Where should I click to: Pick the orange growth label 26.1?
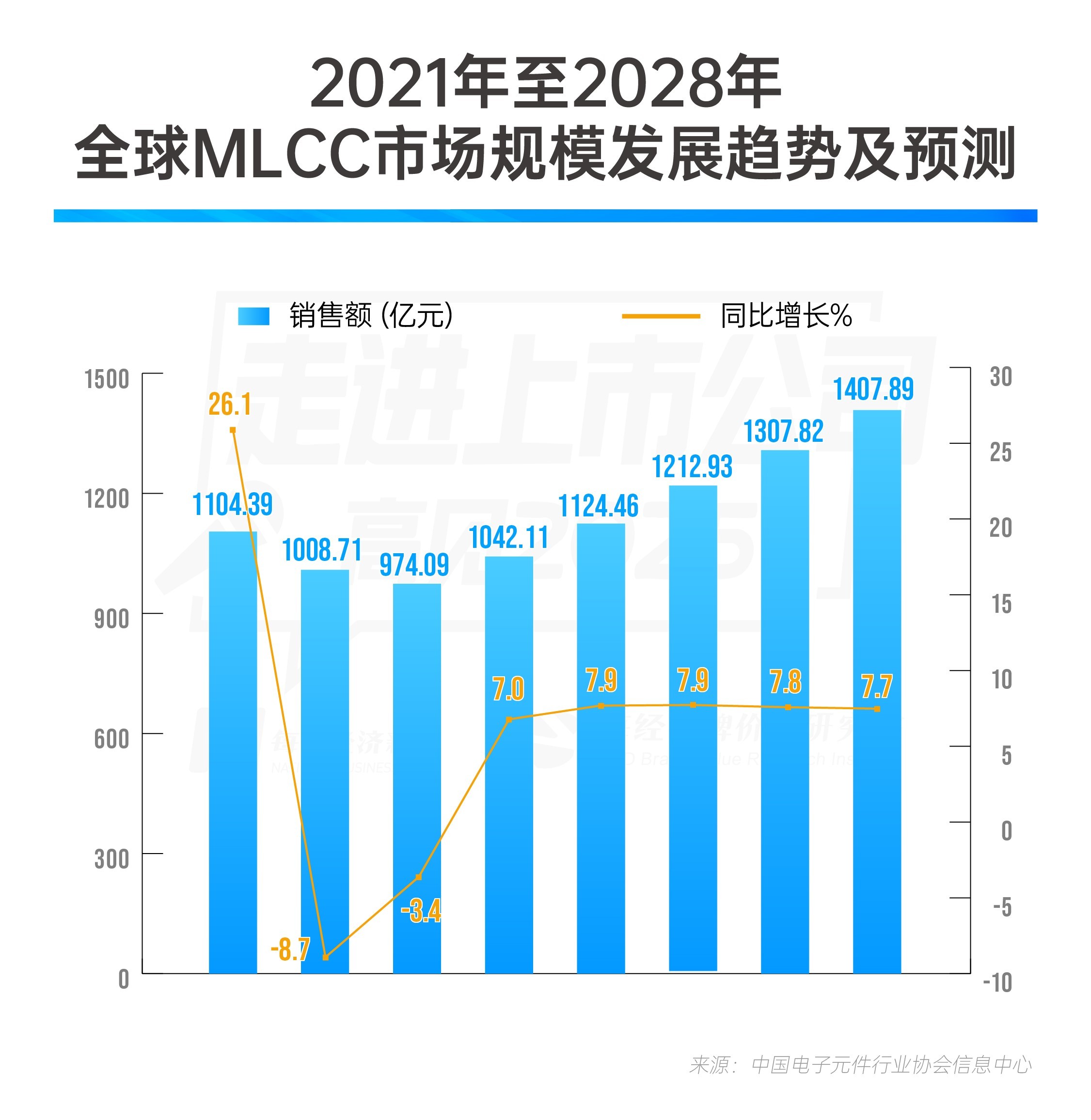(x=230, y=405)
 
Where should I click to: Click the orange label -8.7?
(x=290, y=949)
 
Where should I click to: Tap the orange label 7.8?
(x=785, y=682)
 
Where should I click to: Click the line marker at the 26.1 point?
(x=233, y=430)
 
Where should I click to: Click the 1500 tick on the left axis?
(x=107, y=379)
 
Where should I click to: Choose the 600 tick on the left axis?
(x=111, y=739)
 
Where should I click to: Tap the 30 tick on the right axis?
(x=1000, y=377)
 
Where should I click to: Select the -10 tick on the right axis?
(x=997, y=983)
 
